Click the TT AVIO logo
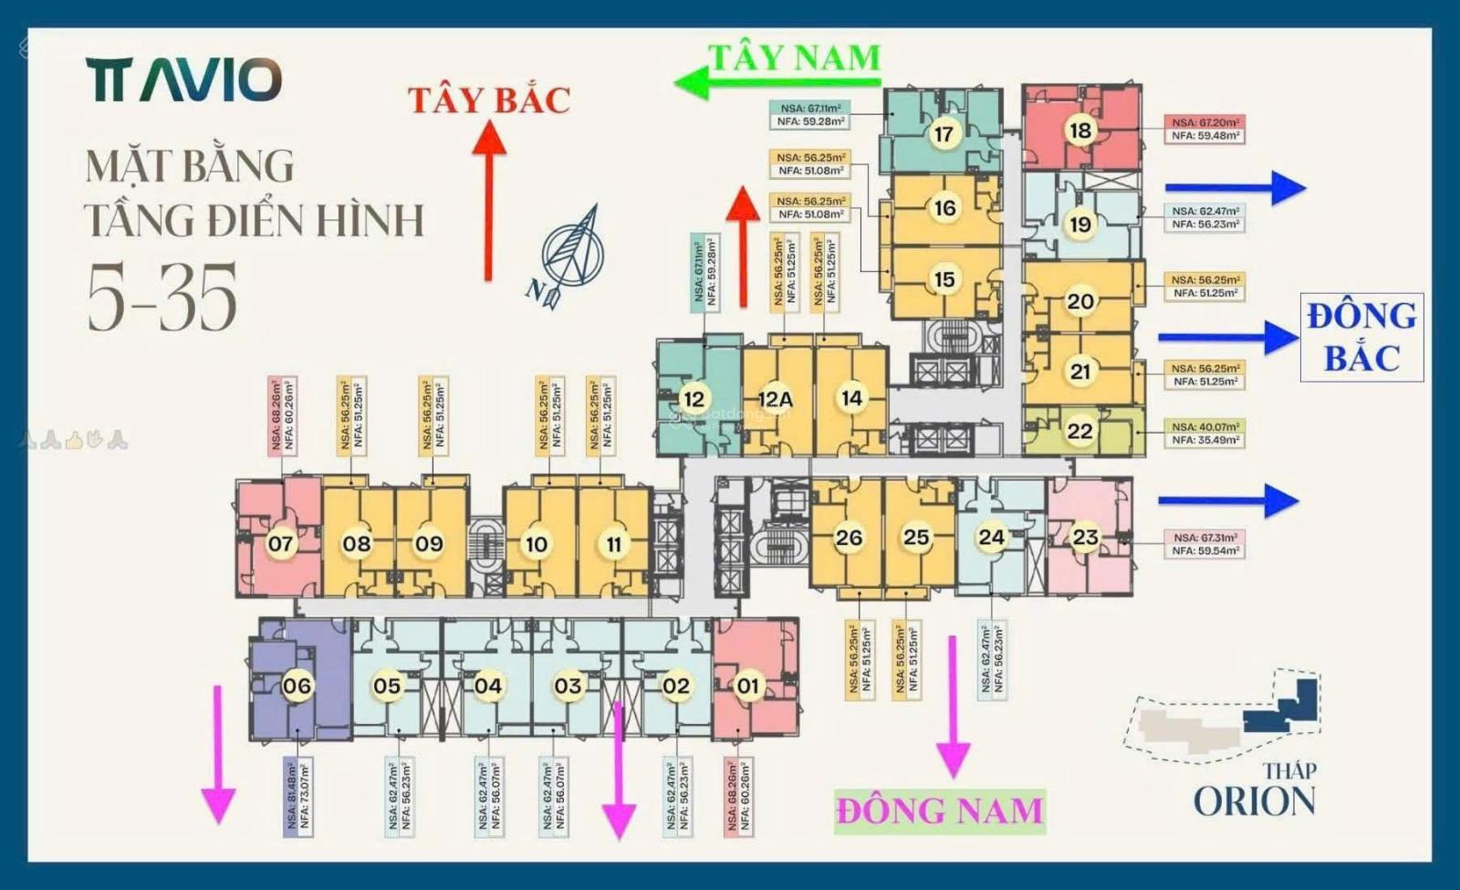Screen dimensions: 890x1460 tap(185, 80)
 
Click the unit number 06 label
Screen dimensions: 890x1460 tap(297, 686)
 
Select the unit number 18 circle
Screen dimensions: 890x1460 tap(1079, 131)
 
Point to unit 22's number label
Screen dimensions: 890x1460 tap(1079, 430)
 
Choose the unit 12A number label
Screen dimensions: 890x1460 tap(775, 399)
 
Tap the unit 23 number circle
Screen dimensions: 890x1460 tap(1085, 538)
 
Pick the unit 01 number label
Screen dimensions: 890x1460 tap(747, 686)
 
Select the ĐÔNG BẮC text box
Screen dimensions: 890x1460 tap(1361, 338)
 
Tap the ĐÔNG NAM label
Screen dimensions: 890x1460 tap(940, 811)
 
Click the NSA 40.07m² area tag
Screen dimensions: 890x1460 tap(1205, 434)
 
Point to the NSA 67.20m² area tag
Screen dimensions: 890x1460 tap(1205, 129)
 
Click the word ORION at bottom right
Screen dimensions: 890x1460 tap(1255, 801)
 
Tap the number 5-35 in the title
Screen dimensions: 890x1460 tap(162, 297)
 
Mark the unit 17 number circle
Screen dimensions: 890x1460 tap(944, 134)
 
